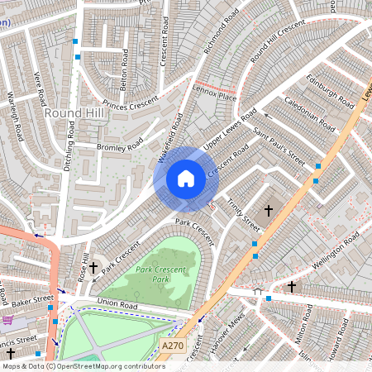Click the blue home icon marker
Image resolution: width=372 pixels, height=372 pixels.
pos(186,178)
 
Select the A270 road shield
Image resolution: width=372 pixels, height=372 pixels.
pos(172,346)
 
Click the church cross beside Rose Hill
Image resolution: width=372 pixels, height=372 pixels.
pos(93,267)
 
